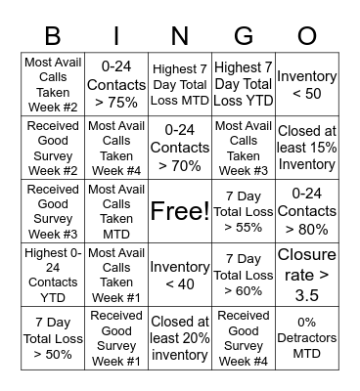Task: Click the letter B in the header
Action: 54,35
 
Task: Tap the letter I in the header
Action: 116,35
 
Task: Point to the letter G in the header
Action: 243,35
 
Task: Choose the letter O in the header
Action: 306,35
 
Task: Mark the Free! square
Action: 179,211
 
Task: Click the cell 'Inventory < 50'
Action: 306,84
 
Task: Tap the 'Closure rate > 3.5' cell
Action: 306,275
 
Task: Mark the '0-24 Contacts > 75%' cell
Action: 116,84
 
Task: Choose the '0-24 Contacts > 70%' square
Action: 179,148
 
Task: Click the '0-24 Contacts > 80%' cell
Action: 306,211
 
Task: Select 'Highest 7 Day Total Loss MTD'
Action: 179,84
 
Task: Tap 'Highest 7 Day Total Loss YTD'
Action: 243,84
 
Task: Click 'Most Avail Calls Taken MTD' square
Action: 116,211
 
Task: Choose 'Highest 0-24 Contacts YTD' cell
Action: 54,275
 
